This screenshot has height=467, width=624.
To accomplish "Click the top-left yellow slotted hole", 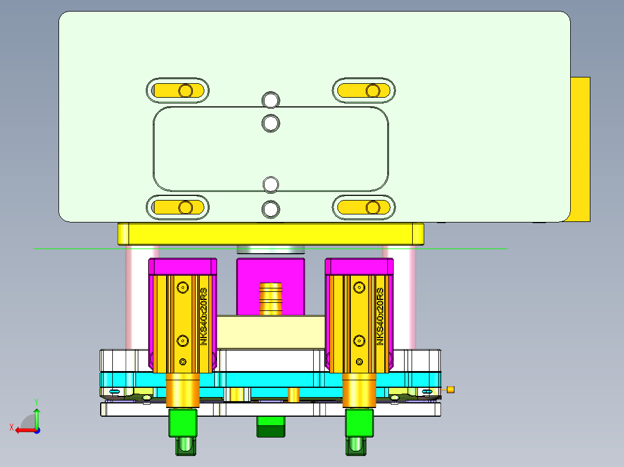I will coord(177,91).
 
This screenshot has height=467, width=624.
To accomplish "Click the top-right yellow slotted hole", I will coord(364,91).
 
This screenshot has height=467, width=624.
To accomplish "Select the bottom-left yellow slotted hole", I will coord(177,207).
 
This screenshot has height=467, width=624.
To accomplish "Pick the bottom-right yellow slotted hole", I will coord(364,207).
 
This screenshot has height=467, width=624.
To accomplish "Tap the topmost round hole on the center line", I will coord(270,99).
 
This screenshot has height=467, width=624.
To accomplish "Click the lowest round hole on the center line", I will coord(270,209).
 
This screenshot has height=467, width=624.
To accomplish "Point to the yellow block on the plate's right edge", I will coord(580,149).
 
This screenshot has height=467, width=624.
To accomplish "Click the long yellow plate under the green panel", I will coord(270,234).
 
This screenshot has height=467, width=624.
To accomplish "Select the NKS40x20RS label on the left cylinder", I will coord(203,316).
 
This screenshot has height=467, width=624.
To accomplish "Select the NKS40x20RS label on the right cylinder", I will coord(380,316).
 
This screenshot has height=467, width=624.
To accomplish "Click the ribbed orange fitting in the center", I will coord(270,298).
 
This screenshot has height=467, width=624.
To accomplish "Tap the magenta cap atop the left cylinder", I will coord(183,266).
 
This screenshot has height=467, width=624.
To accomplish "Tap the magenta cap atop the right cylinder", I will coord(359,266).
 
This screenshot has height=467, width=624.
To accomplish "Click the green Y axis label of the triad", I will coord(36,401).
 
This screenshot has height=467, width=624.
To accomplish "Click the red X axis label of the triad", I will coord(11,428).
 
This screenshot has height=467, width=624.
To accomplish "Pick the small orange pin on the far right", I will coord(450,390).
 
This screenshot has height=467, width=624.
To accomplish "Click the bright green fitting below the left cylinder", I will coord(183,423).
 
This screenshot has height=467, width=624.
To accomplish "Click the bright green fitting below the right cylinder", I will coord(359,423).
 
